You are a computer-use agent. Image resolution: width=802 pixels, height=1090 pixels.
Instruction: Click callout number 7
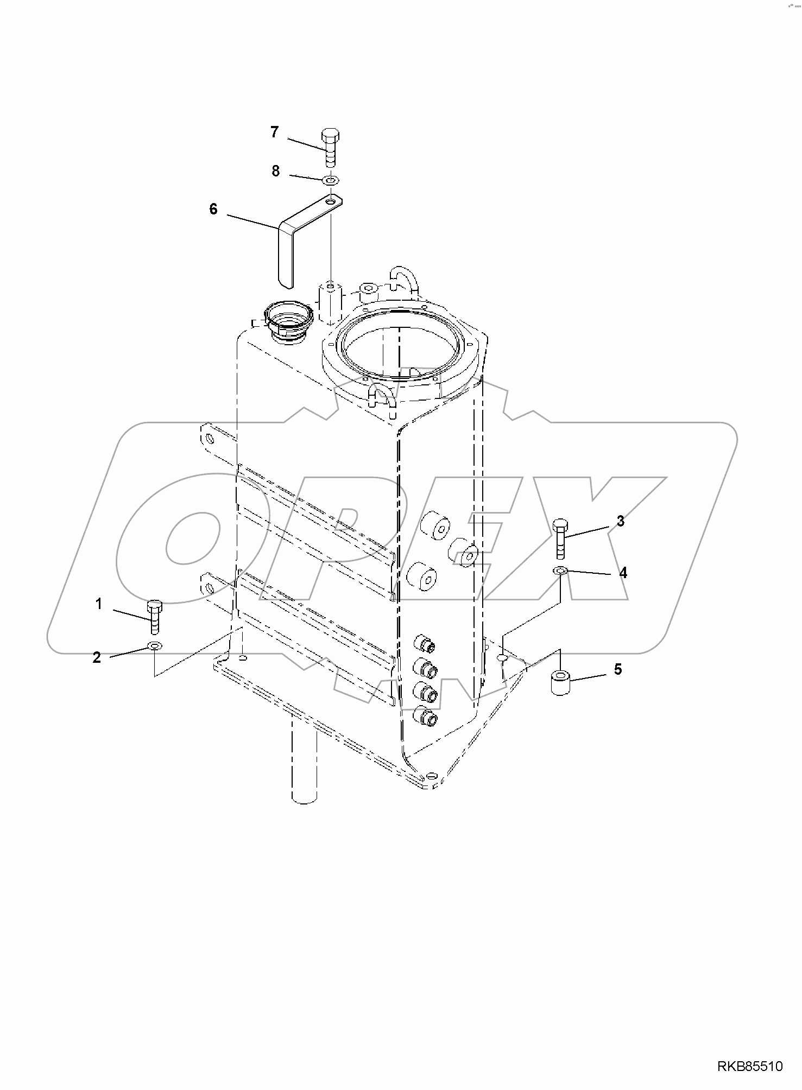click(x=274, y=132)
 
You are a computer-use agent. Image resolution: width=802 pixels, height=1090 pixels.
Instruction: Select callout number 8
click(x=276, y=171)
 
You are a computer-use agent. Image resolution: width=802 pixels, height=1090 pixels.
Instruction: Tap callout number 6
click(x=213, y=209)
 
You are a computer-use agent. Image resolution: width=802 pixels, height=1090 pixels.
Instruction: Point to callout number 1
click(x=99, y=604)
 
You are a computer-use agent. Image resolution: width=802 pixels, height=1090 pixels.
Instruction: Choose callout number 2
click(x=97, y=657)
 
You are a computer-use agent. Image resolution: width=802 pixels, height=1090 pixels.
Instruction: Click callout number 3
click(x=620, y=521)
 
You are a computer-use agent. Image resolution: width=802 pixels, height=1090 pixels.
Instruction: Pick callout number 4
click(x=623, y=573)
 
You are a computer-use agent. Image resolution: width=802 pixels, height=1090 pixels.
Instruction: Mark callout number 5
click(x=618, y=669)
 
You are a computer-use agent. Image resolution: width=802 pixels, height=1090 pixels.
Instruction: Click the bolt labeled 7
click(x=330, y=147)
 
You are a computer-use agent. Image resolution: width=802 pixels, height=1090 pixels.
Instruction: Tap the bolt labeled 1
click(x=155, y=617)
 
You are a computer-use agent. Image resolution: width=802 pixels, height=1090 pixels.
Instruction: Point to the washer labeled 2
click(x=155, y=646)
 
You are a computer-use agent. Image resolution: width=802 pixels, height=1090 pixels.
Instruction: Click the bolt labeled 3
click(x=560, y=539)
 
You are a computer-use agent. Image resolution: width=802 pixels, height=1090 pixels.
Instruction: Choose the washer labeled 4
click(x=560, y=571)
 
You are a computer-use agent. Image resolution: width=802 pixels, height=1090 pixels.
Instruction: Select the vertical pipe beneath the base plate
click(x=304, y=760)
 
